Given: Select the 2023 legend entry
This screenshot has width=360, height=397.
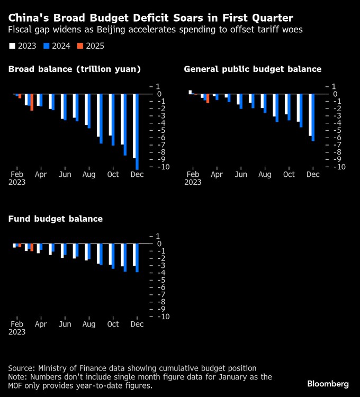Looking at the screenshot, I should (x=23, y=46).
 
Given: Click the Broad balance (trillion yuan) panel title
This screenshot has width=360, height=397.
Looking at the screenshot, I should (x=74, y=69).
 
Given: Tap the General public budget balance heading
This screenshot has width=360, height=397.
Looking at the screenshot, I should (x=253, y=69).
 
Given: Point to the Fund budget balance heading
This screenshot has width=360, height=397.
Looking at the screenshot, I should (x=55, y=219).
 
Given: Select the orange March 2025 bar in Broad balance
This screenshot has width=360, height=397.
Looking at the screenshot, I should (x=32, y=102).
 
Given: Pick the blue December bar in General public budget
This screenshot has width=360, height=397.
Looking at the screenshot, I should (x=313, y=118).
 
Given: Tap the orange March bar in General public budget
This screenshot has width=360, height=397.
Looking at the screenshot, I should (x=208, y=98).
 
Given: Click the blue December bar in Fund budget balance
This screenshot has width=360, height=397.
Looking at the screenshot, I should (x=137, y=258).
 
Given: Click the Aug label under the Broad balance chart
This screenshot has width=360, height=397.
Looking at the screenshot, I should (x=89, y=174).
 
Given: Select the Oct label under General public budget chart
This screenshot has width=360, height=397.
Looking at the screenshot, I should (x=289, y=174).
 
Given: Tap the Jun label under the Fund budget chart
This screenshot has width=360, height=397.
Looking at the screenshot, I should (x=65, y=324).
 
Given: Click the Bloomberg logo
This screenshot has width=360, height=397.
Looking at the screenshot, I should (x=328, y=383).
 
